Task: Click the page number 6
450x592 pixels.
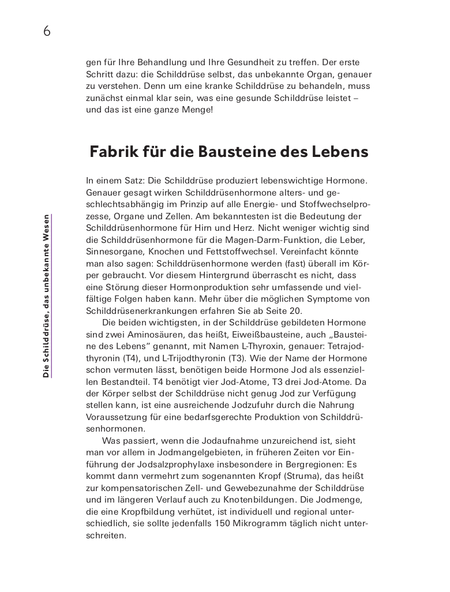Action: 47,31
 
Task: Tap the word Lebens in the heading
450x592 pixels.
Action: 340,152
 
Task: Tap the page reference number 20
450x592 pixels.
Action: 295,310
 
